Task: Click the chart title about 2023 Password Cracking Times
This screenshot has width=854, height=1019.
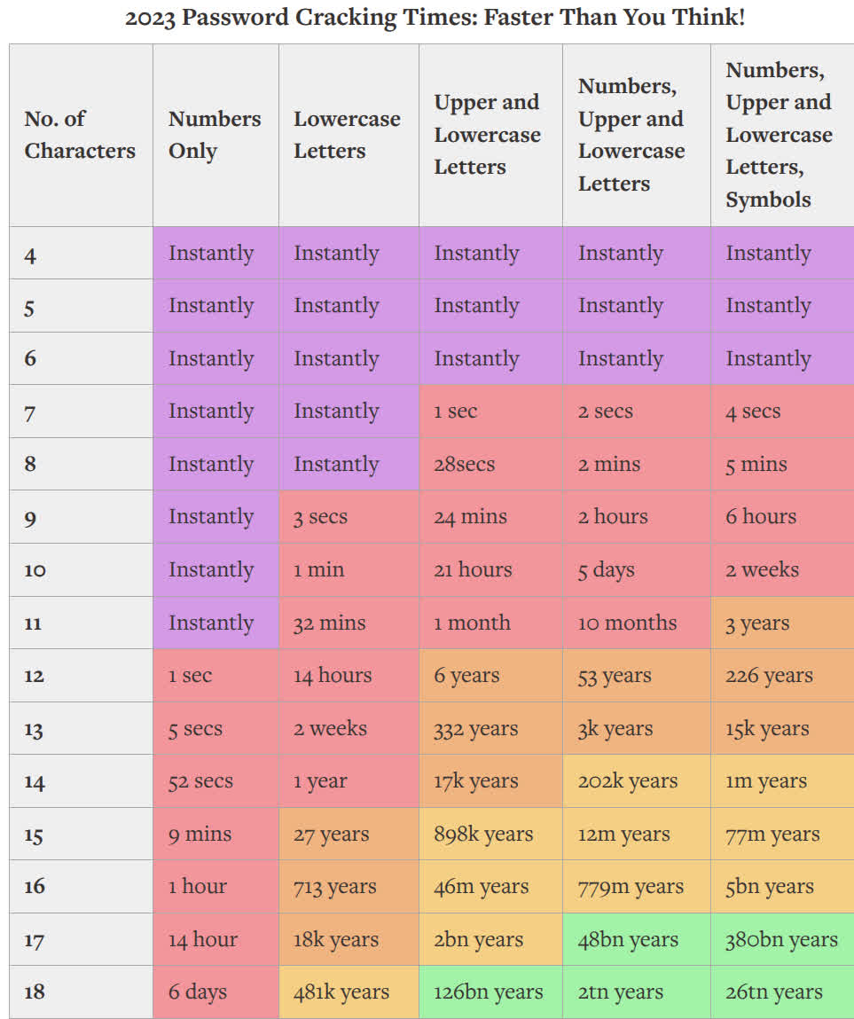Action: (x=435, y=18)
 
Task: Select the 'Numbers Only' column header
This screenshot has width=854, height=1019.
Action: (x=215, y=135)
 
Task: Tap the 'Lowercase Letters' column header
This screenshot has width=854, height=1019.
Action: (x=347, y=135)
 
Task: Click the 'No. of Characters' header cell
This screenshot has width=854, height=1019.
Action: (x=80, y=135)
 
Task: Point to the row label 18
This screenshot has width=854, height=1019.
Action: (x=35, y=992)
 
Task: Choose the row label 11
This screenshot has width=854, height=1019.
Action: (x=33, y=623)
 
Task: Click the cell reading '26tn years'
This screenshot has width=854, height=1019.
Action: (x=773, y=992)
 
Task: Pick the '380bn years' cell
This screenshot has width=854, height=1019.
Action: (x=780, y=939)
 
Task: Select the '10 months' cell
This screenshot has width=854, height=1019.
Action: (x=627, y=623)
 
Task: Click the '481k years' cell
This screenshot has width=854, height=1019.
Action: (x=341, y=992)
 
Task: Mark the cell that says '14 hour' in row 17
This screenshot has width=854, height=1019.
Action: (x=203, y=939)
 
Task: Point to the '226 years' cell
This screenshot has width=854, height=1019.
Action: (x=769, y=675)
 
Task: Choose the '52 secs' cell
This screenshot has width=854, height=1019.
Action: (x=200, y=781)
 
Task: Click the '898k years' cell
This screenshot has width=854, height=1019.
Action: (x=483, y=834)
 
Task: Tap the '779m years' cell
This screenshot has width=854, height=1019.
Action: (x=632, y=886)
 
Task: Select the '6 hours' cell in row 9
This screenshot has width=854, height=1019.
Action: (x=761, y=516)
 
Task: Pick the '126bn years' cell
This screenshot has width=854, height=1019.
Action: (x=488, y=992)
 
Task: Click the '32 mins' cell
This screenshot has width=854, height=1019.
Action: (x=329, y=623)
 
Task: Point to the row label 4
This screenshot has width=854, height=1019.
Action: (x=31, y=255)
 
